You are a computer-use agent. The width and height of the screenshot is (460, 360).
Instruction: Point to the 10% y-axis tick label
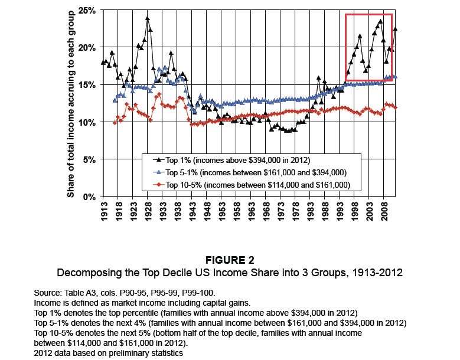(86, 122)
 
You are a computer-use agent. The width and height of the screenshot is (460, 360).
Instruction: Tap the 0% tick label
(89, 197)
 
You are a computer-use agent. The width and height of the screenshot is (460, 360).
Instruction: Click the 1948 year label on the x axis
(207, 211)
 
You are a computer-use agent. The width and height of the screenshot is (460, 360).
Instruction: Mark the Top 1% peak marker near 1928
(147, 18)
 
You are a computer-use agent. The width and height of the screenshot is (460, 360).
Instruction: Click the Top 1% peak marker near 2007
(380, 21)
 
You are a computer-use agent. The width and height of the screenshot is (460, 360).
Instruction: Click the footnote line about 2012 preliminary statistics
(109, 353)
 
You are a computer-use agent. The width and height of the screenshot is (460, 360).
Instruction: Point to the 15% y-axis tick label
(86, 84)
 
